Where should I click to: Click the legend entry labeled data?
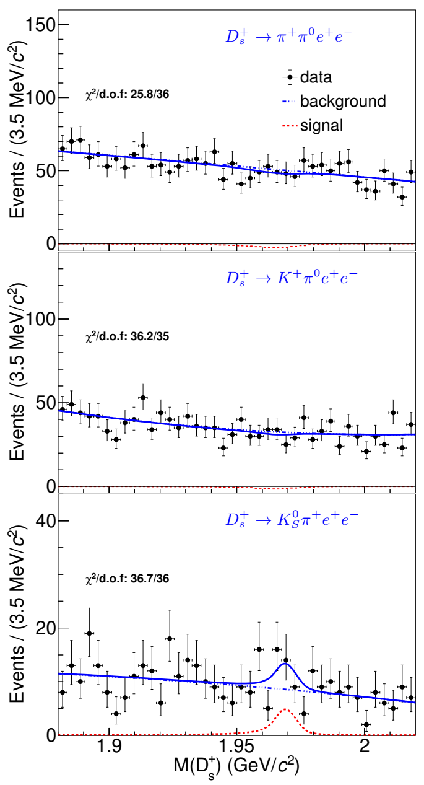coord(315,77)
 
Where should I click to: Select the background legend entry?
coord(342,101)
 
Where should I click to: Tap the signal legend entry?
coord(321,126)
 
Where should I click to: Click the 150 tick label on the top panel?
coord(39,25)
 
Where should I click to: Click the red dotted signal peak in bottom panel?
coord(285,709)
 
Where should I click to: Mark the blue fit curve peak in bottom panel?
coord(285,664)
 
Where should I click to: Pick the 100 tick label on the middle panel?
coord(39,319)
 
